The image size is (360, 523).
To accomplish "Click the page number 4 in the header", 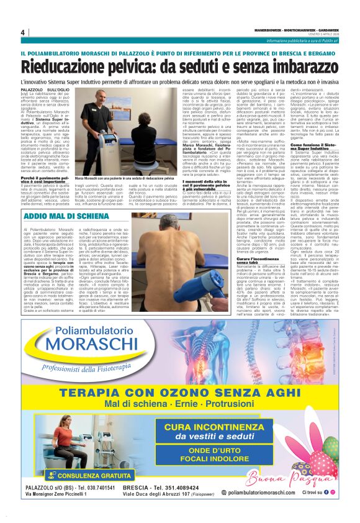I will pos(22,33).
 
